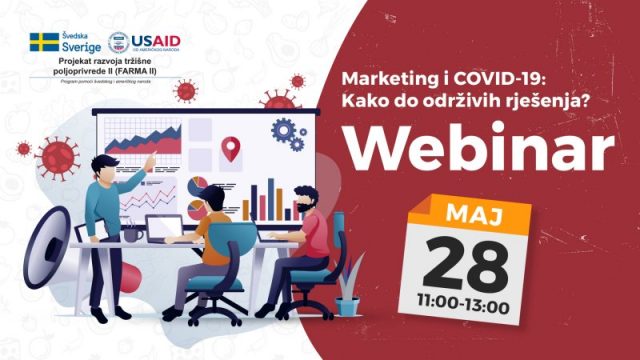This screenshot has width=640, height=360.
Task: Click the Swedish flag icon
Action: point(44,42)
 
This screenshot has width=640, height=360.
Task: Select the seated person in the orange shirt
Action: point(215,235)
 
